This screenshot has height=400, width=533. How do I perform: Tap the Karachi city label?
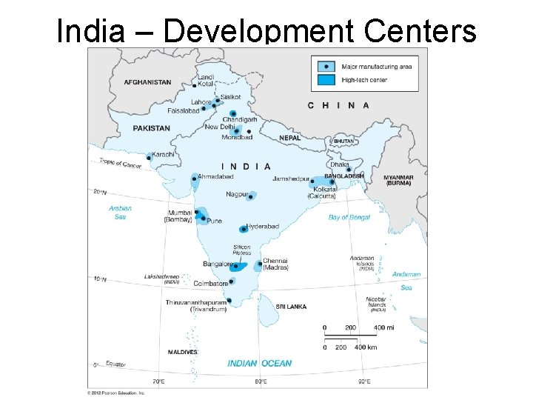point(164,154)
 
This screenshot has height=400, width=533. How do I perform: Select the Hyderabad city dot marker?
point(244,230)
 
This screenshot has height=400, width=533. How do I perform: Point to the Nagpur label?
point(237,194)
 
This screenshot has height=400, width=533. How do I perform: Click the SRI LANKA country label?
point(291,306)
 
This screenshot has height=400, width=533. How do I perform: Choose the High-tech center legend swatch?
point(325,79)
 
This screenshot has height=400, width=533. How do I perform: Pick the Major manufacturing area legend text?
point(377,67)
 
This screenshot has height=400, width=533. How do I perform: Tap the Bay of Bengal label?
point(349,217)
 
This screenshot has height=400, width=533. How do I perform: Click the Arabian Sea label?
point(120,213)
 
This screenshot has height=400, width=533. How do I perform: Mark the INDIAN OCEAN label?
point(259,363)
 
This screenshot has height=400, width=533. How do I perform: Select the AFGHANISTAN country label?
point(147,82)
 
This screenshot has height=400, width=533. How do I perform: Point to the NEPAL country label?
point(289,138)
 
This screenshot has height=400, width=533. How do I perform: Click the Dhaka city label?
point(340,164)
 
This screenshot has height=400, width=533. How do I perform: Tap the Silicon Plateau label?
point(241,250)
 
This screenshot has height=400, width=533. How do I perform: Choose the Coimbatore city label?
point(210,283)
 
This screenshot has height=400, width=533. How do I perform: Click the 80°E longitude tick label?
point(261,381)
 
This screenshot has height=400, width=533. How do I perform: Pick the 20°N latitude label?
point(100,192)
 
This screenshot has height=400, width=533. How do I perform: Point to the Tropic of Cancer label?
point(120,164)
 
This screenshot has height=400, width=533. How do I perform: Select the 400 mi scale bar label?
point(382,327)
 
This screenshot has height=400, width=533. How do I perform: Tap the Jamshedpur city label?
point(291,179)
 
